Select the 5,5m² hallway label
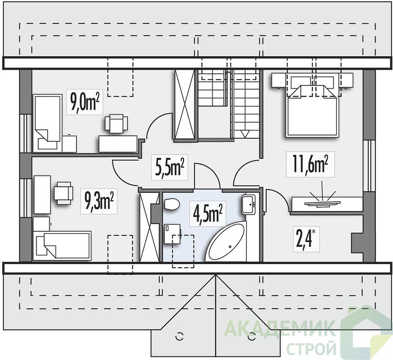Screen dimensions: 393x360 click(170, 167)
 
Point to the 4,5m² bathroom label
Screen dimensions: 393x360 click(208, 213)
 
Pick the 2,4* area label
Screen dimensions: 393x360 click(306, 239)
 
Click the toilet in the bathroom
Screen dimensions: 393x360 click(171, 204)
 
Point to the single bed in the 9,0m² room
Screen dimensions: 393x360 click(47, 123)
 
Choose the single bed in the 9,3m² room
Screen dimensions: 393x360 click(63, 245)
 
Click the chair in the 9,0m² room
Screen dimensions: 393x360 click(116, 122)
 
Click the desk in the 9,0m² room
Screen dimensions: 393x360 click(118, 144)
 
